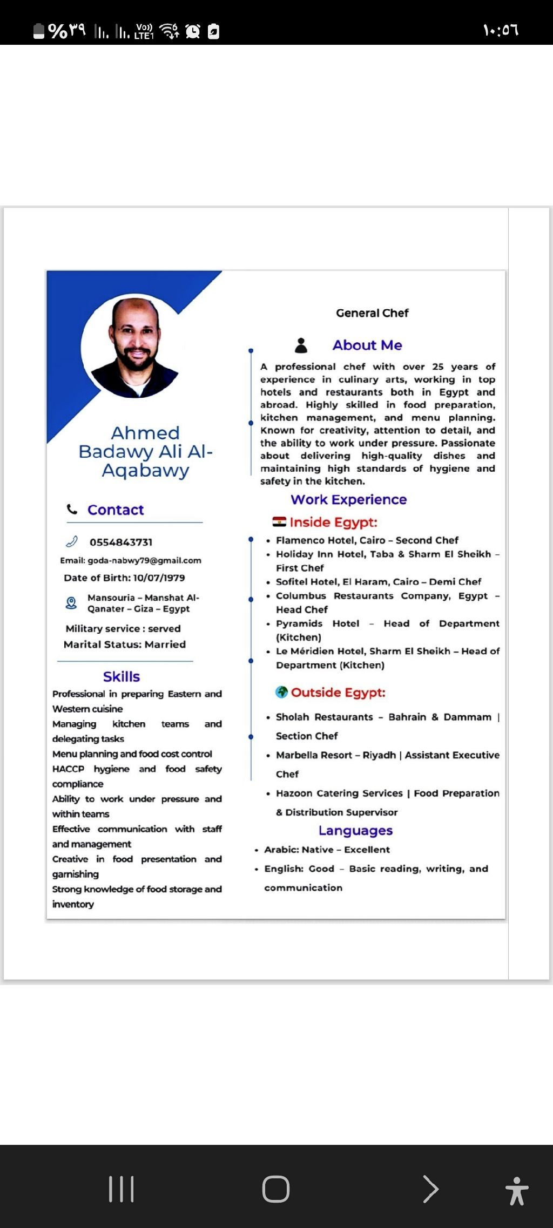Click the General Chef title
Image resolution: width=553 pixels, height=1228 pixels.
[x=372, y=313]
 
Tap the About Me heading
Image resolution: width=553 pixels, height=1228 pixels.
[x=367, y=345]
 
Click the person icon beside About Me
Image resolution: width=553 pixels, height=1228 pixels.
[x=301, y=345]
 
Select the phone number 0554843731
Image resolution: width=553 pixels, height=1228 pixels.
[x=121, y=542]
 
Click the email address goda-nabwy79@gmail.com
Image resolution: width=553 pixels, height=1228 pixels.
[x=144, y=560]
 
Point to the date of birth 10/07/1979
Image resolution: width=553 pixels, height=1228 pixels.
[x=159, y=578]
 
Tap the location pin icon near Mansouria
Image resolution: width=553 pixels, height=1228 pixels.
[x=71, y=603]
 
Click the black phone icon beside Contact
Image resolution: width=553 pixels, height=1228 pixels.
[x=72, y=509]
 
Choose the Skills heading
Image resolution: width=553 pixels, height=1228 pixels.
[x=122, y=676]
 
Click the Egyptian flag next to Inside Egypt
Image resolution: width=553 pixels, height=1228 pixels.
[x=279, y=521]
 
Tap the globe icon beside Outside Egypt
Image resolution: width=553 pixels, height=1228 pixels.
[x=281, y=692]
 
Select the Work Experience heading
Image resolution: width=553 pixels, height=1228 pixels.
[x=348, y=499]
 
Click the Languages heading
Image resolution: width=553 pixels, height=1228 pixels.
[x=355, y=830]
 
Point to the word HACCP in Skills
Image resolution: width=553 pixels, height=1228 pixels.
[x=68, y=769]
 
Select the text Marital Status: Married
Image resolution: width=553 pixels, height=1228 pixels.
[x=125, y=644]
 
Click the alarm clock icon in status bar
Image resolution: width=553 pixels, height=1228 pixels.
[x=193, y=31]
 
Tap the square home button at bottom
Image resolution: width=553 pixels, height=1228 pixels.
[x=276, y=1189]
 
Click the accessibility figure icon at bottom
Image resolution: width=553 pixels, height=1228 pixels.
[x=517, y=1191]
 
